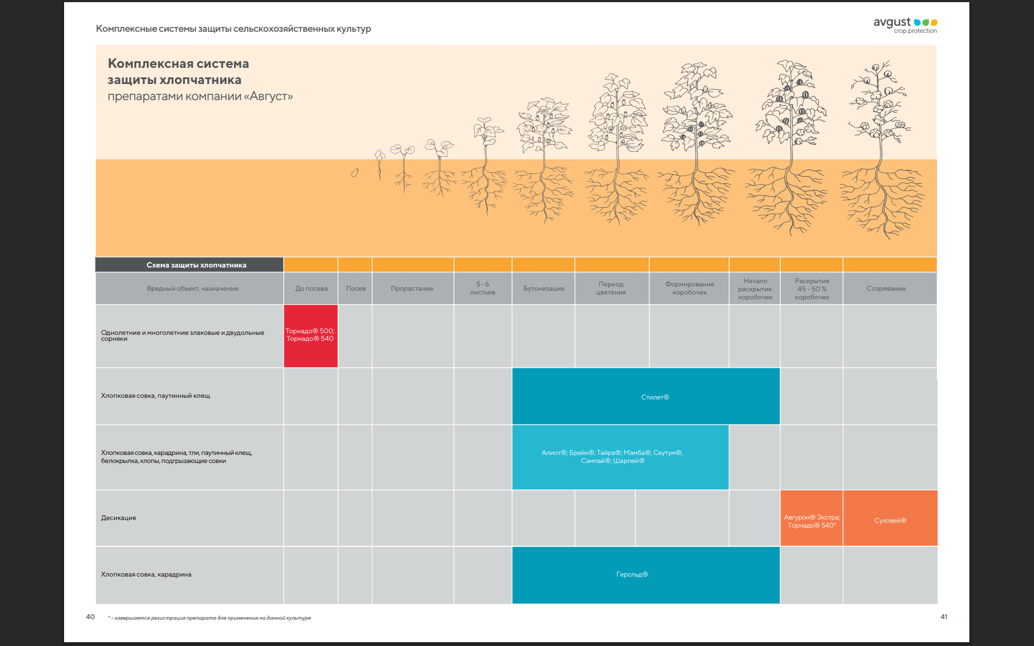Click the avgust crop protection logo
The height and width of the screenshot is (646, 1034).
pyautogui.click(x=905, y=25)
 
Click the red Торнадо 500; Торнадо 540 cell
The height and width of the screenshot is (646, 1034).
pyautogui.click(x=311, y=335)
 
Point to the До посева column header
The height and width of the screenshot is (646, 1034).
pyautogui.click(x=311, y=289)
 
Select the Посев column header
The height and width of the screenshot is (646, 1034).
pyautogui.click(x=355, y=289)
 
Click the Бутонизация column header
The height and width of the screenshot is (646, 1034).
pyautogui.click(x=543, y=289)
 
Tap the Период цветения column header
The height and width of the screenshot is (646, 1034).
pyautogui.click(x=611, y=289)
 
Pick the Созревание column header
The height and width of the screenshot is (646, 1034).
pyautogui.click(x=886, y=289)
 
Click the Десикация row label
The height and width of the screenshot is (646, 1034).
pyautogui.click(x=118, y=518)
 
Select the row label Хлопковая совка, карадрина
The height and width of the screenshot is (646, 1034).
pyautogui.click(x=146, y=574)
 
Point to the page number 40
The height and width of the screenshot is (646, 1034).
pyautogui.click(x=90, y=617)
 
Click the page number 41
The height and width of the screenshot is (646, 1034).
pyautogui.click(x=944, y=617)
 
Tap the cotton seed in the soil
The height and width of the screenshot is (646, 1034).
pyautogui.click(x=354, y=173)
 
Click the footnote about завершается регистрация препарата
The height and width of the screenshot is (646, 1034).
pyautogui.click(x=209, y=618)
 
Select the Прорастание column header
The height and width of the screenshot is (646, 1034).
pyautogui.click(x=412, y=289)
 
